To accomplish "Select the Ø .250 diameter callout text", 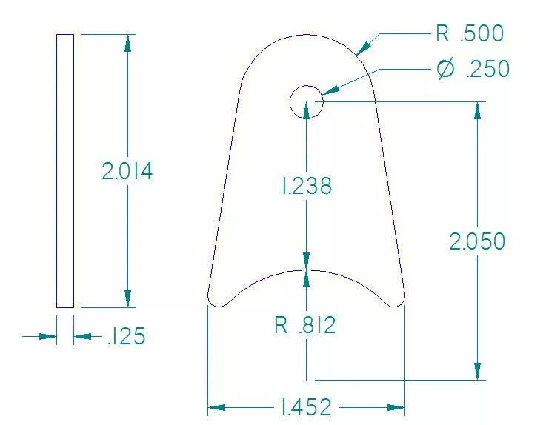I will (473, 69).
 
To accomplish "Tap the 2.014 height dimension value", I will (127, 171).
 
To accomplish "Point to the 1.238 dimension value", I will (306, 187).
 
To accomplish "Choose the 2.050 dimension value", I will (478, 241).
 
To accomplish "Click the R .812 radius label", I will (305, 324).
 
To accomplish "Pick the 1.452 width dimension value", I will (305, 406).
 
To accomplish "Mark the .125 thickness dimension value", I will (126, 337).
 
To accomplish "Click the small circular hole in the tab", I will (306, 101).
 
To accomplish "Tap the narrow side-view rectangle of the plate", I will (65, 170).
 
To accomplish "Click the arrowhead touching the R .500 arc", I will (363, 47).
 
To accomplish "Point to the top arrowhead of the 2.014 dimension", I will (128, 43).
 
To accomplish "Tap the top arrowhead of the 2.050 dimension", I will (478, 111).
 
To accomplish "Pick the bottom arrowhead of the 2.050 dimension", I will (478, 371).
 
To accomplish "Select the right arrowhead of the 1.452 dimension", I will (396, 406).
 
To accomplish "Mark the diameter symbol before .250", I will (445, 69).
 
